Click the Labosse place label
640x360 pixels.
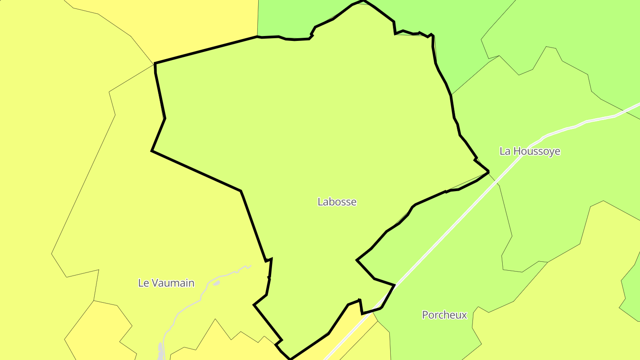(337, 202)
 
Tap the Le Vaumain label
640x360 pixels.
(166, 283)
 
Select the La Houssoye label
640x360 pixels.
(530, 151)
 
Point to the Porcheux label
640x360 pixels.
(444, 315)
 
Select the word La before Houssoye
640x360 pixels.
(505, 151)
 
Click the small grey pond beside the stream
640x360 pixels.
(216, 283)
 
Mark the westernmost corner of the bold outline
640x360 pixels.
(152, 151)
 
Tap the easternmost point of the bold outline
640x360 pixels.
(488, 171)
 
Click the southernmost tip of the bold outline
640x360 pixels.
(290, 359)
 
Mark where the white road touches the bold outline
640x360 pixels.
(394, 286)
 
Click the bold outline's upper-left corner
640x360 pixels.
(155, 64)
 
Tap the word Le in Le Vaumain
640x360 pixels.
(143, 283)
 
